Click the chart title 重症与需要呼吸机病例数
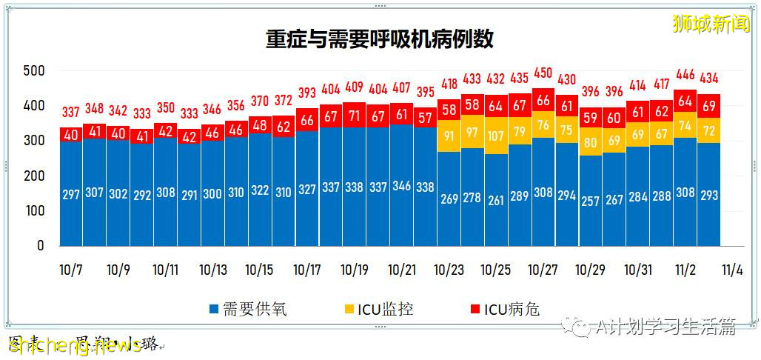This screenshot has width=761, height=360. pos(380,39)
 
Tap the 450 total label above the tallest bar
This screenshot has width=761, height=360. pos(543,72)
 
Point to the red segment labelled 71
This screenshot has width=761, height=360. pos(355,116)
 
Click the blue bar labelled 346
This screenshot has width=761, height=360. pos(401,187)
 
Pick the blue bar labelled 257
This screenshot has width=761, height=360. pos(591,201)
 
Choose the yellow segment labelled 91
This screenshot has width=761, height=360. pos(449,136)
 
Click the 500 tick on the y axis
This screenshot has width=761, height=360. pos(35,71)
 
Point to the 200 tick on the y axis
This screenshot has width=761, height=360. pos(35,176)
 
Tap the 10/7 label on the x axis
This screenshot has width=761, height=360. pos(72,270)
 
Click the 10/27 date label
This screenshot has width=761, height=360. pos(543,270)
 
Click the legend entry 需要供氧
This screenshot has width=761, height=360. pos(248,309)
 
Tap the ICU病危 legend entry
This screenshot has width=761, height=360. pos(505,309)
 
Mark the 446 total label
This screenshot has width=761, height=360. pos(685,74)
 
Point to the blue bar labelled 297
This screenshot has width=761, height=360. pos(72,193)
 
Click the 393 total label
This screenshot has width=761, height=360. pos(307,93)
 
